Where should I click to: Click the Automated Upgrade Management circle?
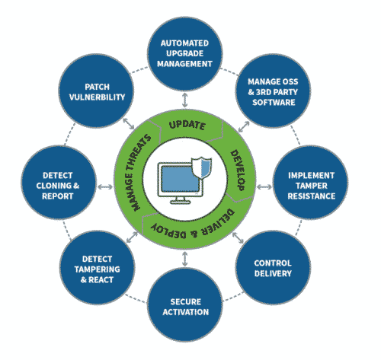(185, 53)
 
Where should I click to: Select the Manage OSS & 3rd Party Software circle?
(273, 91)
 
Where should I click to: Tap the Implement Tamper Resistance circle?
(310, 182)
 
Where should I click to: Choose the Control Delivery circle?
(273, 267)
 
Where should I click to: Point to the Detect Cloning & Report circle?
(59, 182)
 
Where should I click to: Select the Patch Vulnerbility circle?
(96, 91)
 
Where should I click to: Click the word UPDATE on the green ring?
(187, 125)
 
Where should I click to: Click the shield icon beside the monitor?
(202, 167)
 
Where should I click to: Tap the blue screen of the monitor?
(180, 179)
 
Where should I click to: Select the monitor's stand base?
(181, 202)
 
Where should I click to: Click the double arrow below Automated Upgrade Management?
(185, 100)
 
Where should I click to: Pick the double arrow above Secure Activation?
(185, 259)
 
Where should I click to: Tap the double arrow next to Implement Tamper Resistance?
(264, 187)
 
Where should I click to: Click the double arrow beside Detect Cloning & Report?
(105, 187)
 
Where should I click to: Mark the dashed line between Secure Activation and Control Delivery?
(233, 297)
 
